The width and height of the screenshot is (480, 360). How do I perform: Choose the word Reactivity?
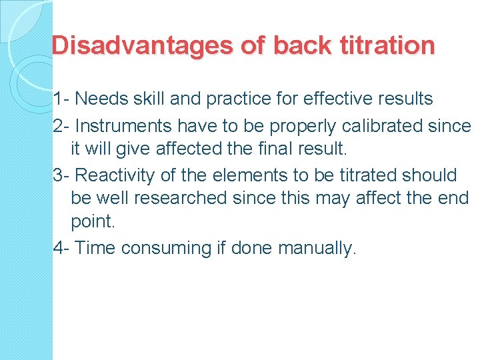pyautogui.click(x=116, y=175)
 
